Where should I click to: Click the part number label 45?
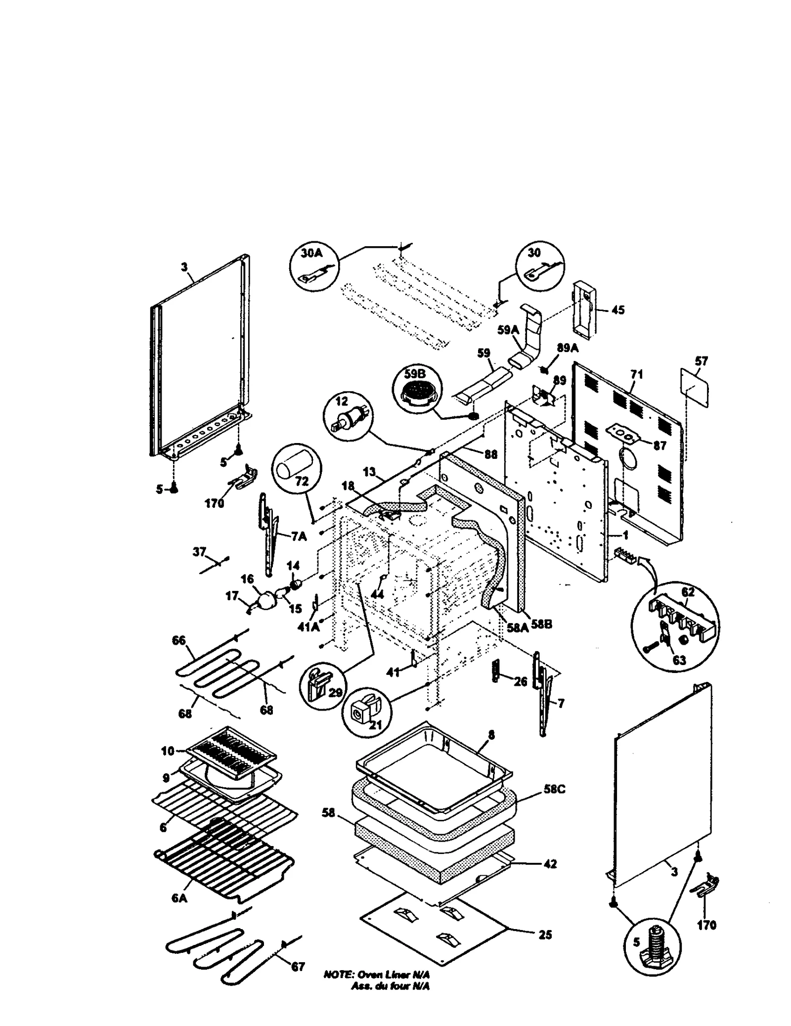(617, 310)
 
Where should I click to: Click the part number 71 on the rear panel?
(637, 375)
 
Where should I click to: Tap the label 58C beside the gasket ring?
(554, 790)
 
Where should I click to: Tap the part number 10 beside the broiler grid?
(168, 751)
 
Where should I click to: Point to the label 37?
(199, 552)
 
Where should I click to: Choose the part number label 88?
(490, 454)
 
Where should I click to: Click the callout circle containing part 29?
(324, 685)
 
